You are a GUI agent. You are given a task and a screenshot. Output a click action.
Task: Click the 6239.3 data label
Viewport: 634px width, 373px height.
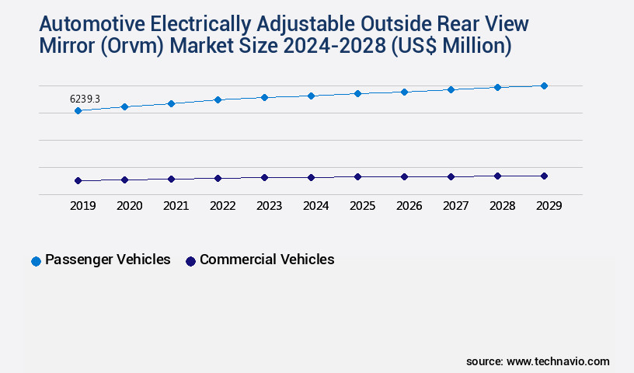tap(85, 99)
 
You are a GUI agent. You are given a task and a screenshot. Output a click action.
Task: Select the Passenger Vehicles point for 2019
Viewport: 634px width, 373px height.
tap(78, 111)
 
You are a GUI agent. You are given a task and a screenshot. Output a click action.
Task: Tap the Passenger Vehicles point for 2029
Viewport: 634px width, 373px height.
tap(544, 85)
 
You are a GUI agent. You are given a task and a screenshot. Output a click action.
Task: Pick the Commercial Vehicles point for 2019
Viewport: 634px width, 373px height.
tap(78, 181)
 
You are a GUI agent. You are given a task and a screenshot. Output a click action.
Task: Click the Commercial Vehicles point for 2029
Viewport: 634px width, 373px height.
tap(544, 176)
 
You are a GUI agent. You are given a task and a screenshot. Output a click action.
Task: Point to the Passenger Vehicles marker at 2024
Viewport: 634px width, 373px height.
tap(311, 96)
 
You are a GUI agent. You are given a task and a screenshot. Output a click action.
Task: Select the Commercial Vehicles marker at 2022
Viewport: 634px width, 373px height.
tap(218, 178)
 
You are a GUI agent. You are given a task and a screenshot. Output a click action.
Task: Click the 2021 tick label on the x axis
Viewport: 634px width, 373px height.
tap(176, 206)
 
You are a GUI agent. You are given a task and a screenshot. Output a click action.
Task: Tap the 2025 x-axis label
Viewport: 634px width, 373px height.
tap(362, 206)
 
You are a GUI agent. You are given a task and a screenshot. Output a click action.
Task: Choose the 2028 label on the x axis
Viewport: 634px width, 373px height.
tap(502, 206)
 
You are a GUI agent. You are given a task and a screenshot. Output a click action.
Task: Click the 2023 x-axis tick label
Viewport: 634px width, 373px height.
tap(269, 206)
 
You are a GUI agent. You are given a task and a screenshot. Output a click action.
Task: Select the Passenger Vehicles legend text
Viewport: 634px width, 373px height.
tap(107, 260)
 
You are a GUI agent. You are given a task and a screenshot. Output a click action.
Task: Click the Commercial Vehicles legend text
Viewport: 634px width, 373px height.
tap(266, 260)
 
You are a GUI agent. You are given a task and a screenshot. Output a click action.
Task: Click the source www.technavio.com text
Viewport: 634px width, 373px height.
tap(538, 361)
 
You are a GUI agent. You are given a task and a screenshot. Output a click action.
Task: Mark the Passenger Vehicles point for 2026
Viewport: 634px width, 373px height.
tap(404, 92)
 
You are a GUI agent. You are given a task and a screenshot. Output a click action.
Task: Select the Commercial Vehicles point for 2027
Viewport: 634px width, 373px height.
tap(451, 176)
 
